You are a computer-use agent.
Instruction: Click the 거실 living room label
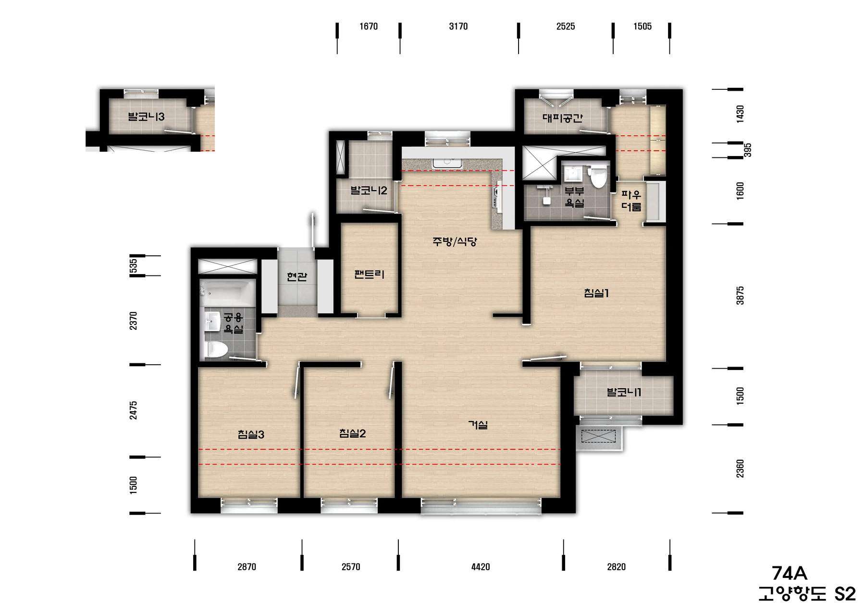[478, 425]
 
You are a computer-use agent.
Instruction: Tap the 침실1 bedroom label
[596, 293]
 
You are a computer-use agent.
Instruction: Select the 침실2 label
[352, 433]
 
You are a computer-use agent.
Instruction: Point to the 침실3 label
[251, 434]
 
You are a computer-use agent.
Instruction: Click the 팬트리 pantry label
[369, 275]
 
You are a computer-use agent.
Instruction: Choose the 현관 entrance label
[297, 276]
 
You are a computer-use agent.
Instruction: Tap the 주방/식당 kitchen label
[454, 241]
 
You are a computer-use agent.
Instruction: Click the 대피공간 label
[562, 118]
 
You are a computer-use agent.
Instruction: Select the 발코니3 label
[146, 117]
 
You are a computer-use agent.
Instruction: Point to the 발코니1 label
[624, 392]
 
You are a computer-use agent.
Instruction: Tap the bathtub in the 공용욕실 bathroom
[227, 291]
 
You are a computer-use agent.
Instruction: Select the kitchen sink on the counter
[447, 162]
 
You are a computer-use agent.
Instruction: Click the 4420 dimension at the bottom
[481, 567]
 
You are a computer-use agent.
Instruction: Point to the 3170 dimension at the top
[458, 26]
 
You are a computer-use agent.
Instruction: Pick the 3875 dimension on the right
[740, 296]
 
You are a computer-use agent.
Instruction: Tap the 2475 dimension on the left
[133, 410]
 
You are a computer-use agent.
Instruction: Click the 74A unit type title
[789, 574]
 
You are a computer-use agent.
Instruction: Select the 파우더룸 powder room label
[631, 201]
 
